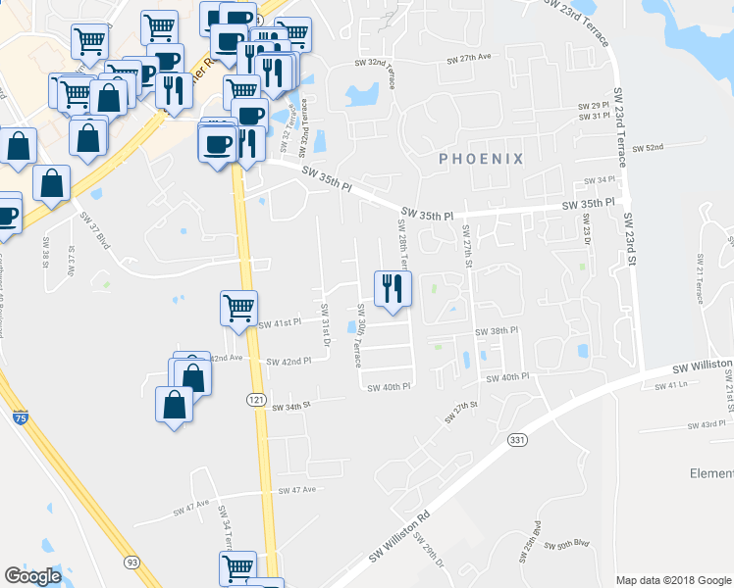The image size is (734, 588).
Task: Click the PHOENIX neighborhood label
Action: [481, 158]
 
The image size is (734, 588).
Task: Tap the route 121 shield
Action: [256, 400]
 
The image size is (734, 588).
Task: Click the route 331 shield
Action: [518, 441]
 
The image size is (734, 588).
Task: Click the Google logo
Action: [33, 576]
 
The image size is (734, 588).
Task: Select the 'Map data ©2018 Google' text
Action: [673, 580]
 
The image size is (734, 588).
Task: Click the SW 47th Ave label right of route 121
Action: [297, 490]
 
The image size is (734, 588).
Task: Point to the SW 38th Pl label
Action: [496, 331]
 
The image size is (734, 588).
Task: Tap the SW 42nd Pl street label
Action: [288, 361]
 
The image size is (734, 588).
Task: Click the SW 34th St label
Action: [290, 405]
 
